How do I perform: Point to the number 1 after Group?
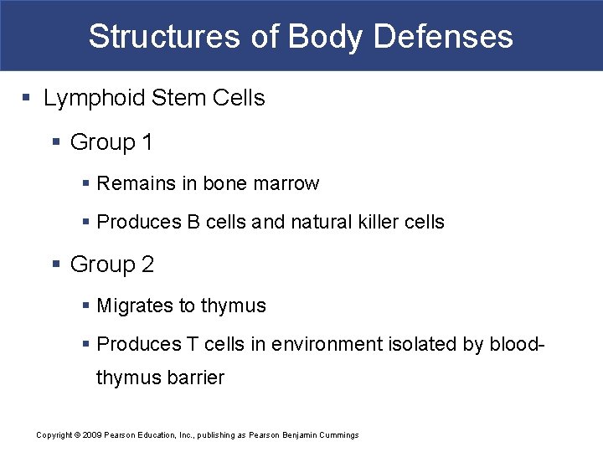(147, 143)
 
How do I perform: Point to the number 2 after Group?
(147, 265)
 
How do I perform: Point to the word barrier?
(195, 378)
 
